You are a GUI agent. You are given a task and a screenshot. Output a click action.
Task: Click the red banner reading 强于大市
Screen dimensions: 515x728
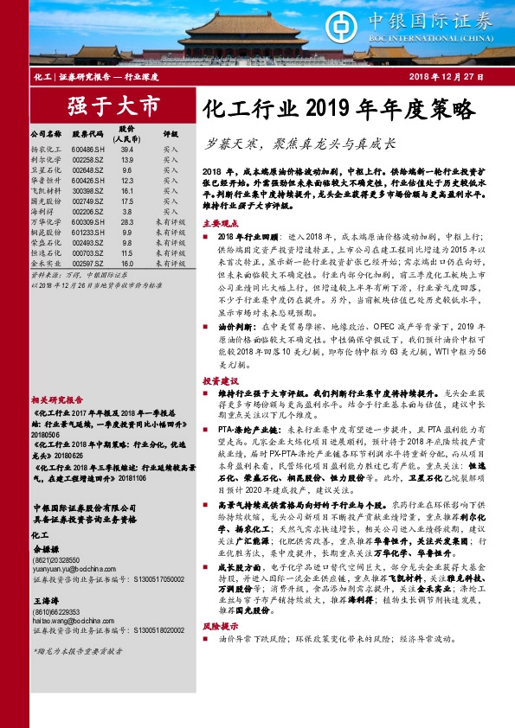pos(114,106)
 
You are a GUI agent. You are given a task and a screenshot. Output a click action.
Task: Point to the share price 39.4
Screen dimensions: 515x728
pos(127,149)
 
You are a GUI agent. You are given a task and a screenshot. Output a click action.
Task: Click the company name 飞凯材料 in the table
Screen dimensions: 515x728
pos(45,190)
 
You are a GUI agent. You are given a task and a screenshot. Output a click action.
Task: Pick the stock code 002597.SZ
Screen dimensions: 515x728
pos(88,262)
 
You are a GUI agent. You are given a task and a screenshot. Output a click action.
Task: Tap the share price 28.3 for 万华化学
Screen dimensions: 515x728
pos(127,221)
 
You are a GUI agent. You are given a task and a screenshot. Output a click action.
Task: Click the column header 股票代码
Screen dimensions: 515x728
pos(88,135)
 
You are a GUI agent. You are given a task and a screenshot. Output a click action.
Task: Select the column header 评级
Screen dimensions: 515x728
pos(170,135)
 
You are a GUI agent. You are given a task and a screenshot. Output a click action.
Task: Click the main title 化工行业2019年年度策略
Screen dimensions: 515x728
pos(339,109)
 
